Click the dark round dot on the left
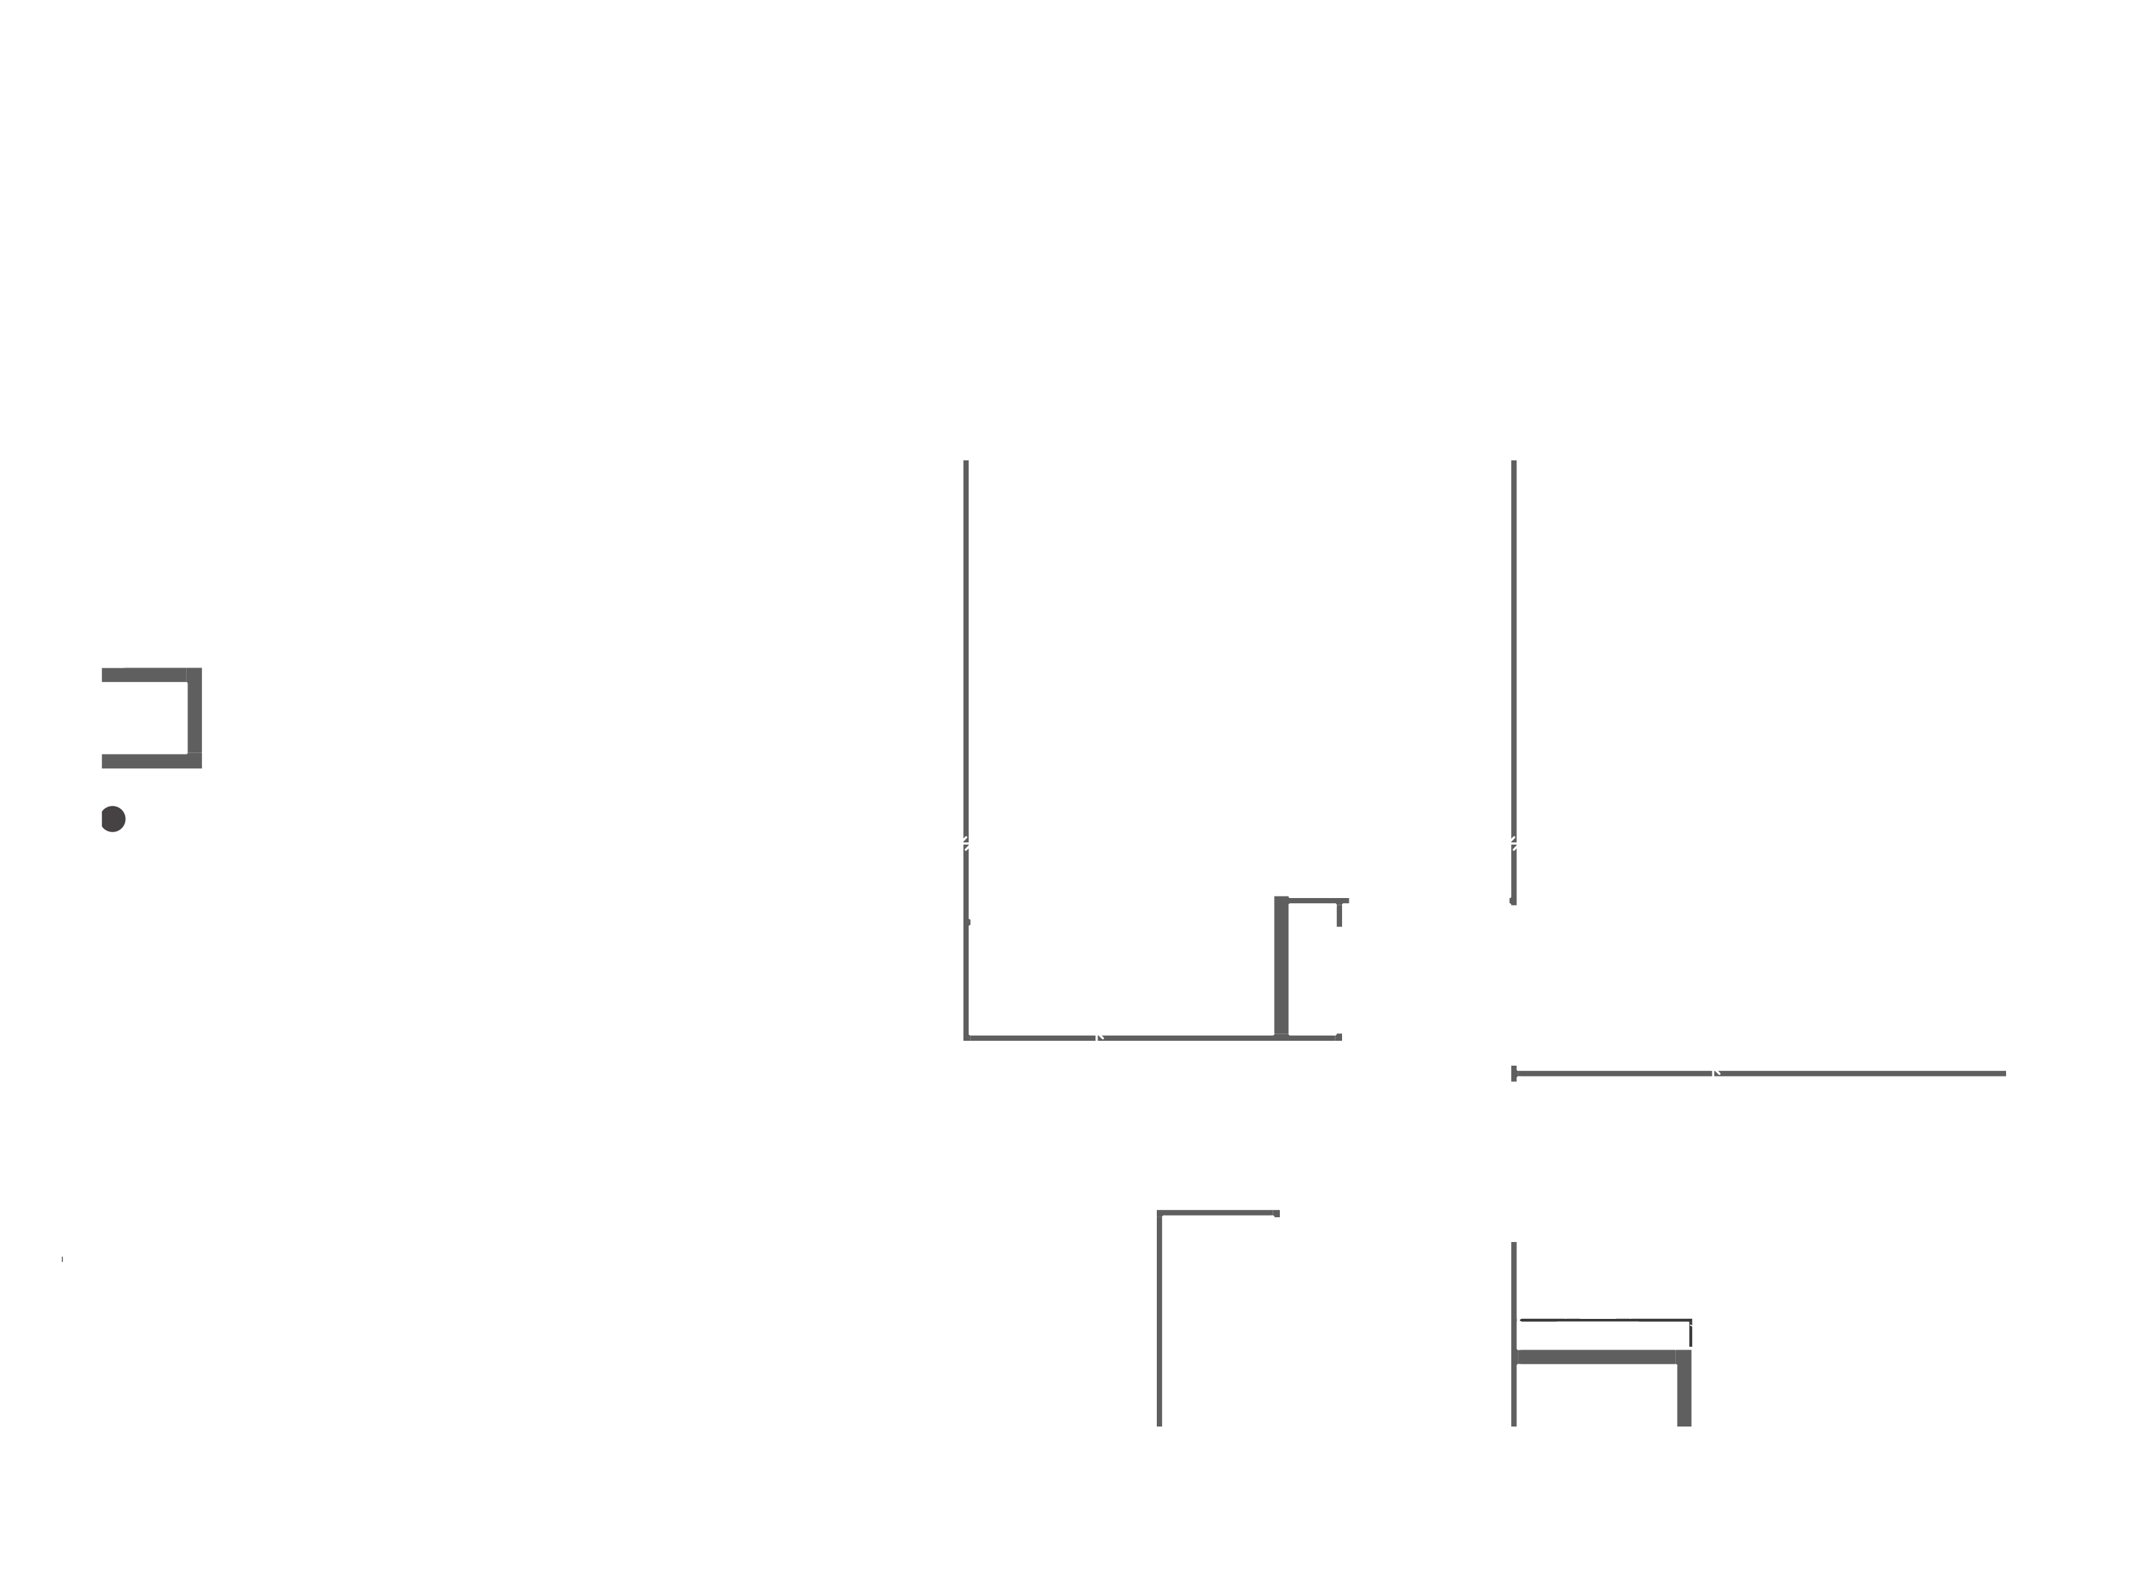(113, 818)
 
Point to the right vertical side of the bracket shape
(195, 718)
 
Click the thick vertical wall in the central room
(1281, 967)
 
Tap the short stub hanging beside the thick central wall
(1339, 915)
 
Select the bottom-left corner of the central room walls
(966, 1036)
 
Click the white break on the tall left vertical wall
(966, 843)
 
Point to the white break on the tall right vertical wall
(1514, 843)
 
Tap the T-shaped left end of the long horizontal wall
(1514, 1074)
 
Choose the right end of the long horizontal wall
(2003, 1074)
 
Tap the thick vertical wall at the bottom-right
(1684, 1394)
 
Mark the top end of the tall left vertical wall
(966, 463)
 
